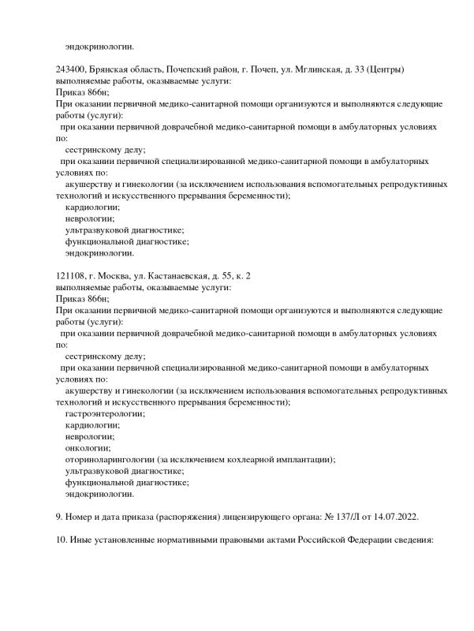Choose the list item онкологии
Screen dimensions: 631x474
point(89,447)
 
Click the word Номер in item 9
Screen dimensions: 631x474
point(82,517)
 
